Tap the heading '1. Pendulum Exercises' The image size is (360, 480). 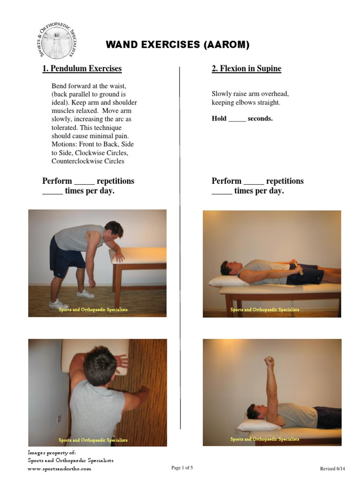click(x=82, y=69)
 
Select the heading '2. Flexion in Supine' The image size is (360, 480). click(x=247, y=69)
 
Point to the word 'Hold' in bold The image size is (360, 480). click(x=219, y=119)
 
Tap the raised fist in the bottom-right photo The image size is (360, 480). click(x=269, y=361)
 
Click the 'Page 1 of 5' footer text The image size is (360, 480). click(x=182, y=468)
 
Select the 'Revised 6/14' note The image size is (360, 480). click(x=332, y=468)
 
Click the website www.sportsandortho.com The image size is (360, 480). click(x=59, y=469)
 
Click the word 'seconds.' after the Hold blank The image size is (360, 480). click(x=260, y=119)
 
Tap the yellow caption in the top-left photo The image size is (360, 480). click(x=93, y=310)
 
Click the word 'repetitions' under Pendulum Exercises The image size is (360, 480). click(x=115, y=181)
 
